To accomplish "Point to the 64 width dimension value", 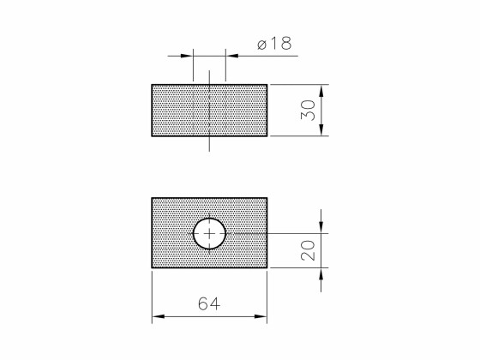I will tap(209, 304).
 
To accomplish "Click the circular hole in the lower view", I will tap(209, 233).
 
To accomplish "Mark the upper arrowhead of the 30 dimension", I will tap(322, 89).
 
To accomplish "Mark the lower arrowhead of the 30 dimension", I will tap(322, 131).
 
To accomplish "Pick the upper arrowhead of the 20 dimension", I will tap(322, 227).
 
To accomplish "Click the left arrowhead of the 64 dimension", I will tap(158, 318).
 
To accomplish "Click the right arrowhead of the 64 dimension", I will tap(262, 318).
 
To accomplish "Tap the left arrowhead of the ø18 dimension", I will tap(188, 56).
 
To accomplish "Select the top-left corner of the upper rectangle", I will tap(153, 84).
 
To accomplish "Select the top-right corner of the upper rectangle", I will tap(267, 84).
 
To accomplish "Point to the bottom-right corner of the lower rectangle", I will tap(267, 268).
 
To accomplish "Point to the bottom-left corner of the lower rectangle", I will tap(153, 268).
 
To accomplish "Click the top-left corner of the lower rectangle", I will tap(153, 198).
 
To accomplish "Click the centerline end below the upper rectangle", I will tap(209, 152).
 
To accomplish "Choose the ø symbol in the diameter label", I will tap(261, 44).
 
